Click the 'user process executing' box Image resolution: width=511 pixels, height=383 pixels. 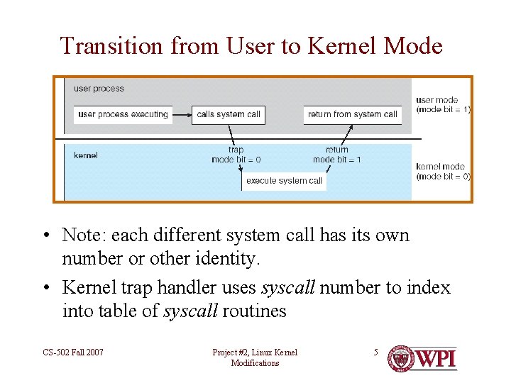pos(123,114)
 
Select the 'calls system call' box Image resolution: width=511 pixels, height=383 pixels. pos(229,114)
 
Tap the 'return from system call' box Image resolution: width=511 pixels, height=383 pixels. pos(353,114)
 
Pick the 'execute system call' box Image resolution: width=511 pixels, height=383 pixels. pos(284,181)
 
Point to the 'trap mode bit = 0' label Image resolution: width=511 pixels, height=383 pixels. pos(236,155)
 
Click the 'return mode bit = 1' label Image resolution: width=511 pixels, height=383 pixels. pos(337,155)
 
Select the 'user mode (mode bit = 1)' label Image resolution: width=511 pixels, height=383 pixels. pos(442,105)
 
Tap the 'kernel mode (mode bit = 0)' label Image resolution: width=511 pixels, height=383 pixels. pos(442,172)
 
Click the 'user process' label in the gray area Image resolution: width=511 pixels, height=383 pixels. pos(99,89)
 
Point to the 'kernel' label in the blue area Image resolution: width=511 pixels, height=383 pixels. pos(86,155)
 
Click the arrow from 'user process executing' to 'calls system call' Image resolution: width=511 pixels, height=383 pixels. pos(182,114)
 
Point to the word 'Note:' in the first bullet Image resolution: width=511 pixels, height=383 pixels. pos(84,235)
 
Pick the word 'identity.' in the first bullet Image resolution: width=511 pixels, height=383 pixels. pos(229,259)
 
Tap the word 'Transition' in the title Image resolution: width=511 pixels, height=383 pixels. pos(112,46)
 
